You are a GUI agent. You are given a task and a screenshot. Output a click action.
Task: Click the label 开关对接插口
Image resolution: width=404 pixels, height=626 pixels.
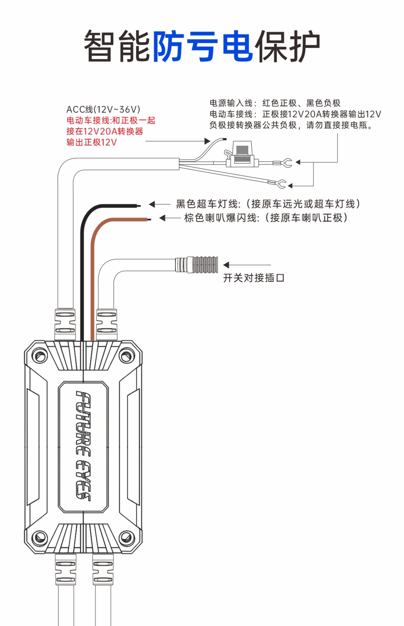253,278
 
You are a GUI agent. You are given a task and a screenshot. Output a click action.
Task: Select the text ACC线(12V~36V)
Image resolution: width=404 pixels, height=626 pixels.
103,109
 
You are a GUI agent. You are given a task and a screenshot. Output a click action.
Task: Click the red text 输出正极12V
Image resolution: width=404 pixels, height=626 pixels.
92,142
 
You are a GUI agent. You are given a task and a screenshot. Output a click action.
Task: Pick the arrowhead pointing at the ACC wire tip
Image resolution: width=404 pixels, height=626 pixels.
207,141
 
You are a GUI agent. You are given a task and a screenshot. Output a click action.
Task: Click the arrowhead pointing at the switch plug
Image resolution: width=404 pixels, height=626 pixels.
226,265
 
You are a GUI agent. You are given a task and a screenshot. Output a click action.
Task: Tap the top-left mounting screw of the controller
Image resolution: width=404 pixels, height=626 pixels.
40,356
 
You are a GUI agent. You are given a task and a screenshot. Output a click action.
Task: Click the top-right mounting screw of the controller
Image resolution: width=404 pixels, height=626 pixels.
127,356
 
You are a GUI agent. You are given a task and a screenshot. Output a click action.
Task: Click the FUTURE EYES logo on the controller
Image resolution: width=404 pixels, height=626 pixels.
83,446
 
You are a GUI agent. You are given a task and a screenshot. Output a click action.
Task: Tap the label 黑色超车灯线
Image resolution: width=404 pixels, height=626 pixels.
207,204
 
